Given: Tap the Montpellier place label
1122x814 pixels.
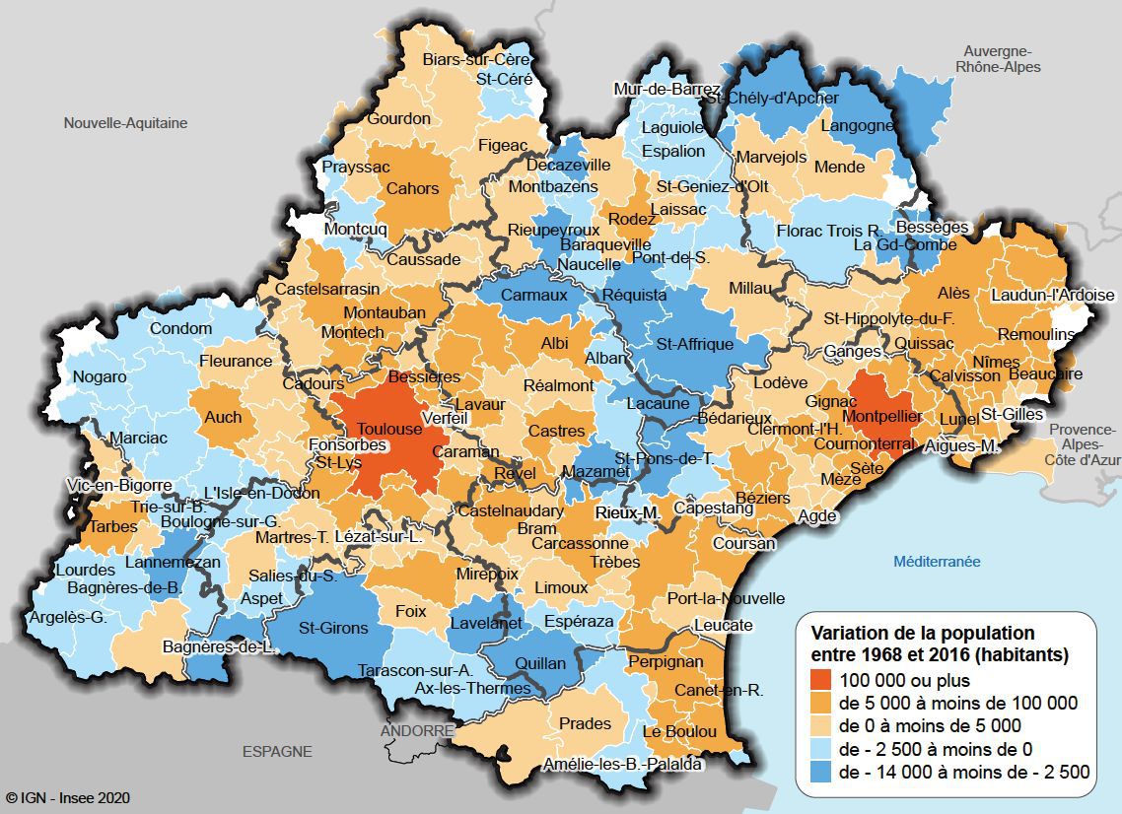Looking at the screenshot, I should (x=884, y=417).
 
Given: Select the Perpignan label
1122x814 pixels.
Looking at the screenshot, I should (x=666, y=662).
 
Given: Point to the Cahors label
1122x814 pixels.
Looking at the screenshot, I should (x=412, y=188).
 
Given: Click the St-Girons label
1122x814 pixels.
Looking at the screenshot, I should (x=333, y=628).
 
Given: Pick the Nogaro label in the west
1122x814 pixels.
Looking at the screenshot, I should (x=100, y=376).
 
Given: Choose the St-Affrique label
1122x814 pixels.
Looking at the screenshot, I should (x=695, y=344).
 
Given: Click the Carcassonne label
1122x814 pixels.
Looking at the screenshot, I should (x=580, y=543).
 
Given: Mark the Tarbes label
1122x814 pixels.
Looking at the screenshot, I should (x=113, y=526).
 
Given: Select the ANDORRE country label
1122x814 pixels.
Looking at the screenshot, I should (x=418, y=731).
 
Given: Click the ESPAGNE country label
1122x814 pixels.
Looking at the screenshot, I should (x=277, y=751).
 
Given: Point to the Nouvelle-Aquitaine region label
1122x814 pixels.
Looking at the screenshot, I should (x=125, y=123).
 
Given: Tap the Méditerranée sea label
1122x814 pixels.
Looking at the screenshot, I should (x=937, y=561).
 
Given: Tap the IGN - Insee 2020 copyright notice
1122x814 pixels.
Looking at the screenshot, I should (x=67, y=797).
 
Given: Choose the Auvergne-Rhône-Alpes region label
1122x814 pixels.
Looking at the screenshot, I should (x=998, y=59).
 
